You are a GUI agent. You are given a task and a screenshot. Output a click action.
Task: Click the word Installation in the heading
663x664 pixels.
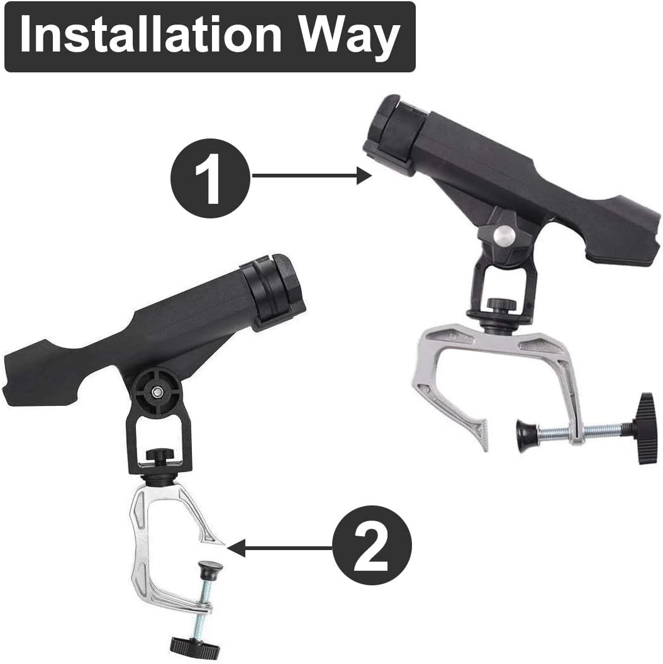[x=150, y=34]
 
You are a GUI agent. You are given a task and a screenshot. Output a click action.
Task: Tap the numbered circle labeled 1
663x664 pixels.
[x=210, y=178]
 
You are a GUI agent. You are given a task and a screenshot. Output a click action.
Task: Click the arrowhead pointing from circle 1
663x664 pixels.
[x=364, y=176]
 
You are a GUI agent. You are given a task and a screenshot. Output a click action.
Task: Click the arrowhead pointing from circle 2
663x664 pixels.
[x=237, y=548]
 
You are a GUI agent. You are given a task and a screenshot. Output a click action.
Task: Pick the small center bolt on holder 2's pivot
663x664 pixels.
[x=157, y=392]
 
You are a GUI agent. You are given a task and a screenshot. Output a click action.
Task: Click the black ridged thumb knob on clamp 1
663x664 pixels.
[x=645, y=428]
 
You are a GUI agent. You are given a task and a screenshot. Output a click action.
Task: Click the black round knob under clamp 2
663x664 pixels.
[x=196, y=646]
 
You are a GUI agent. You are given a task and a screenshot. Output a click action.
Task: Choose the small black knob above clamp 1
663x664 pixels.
[x=502, y=304]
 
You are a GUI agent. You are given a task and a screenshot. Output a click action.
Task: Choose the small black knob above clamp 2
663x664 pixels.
[x=160, y=455]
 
